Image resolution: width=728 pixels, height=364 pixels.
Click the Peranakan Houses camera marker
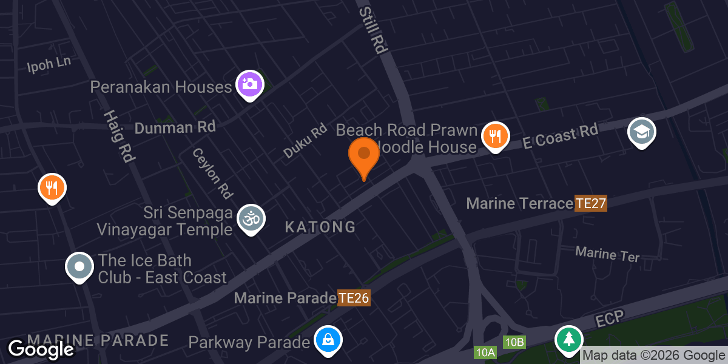249,84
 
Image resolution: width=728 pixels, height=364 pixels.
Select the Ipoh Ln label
49,65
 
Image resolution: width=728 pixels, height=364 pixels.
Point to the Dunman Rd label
175,127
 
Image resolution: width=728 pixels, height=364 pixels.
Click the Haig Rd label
118,136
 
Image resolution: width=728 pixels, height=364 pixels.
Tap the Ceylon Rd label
212,173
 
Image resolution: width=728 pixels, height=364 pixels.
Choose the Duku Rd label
305,141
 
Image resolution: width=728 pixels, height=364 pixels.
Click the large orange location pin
363,155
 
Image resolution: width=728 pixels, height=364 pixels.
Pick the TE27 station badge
591,203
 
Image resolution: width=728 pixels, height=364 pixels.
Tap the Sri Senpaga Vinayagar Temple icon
251,218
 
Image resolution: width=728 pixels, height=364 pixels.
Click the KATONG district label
320,227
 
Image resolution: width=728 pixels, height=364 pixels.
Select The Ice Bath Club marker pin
79,266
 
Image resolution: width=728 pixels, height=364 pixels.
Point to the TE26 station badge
354,298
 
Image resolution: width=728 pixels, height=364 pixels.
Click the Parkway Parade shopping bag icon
328,339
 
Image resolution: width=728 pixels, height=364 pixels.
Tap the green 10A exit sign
486,352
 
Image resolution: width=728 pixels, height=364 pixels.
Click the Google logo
41,349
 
